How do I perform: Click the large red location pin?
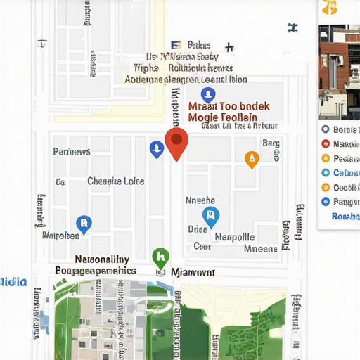coord(176,142)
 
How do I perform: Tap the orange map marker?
coord(251,159)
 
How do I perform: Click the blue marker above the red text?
coord(207,95)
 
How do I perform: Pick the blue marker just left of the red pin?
coord(157,148)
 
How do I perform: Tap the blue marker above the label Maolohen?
coord(83,224)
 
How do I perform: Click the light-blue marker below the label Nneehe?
coord(210,215)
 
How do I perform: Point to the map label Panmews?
coord(72,151)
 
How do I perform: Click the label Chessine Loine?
coord(116,181)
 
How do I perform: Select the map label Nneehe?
coord(200,200)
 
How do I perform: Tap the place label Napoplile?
coord(234,237)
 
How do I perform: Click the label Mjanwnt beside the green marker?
coord(193,271)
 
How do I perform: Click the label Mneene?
coord(260,248)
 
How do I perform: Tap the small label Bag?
coord(271,143)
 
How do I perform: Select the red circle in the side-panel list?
coord(325,159)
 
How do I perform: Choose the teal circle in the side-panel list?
coord(325,173)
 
